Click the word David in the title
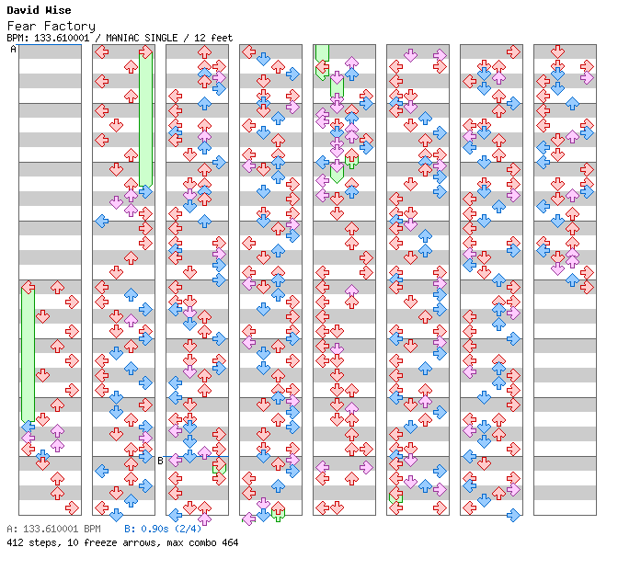[22, 11]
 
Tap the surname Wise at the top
[57, 11]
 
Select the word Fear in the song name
[20, 26]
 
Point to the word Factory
[68, 26]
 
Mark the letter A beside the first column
[13, 50]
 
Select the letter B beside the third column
[160, 461]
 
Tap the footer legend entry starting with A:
[53, 530]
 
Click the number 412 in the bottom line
[15, 542]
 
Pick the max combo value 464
[229, 542]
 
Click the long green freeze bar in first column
[28, 354]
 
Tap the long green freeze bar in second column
[145, 120]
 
